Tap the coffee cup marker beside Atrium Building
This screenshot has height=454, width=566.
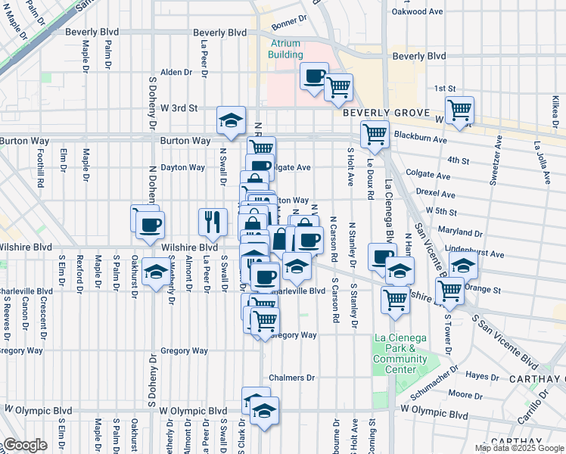pyautogui.click(x=314, y=76)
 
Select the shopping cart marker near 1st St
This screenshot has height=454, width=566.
pyautogui.click(x=459, y=110)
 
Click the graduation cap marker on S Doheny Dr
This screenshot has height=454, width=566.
pyautogui.click(x=156, y=272)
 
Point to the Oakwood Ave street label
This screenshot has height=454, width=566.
pyautogui.click(x=415, y=11)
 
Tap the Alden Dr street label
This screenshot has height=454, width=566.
pyautogui.click(x=176, y=73)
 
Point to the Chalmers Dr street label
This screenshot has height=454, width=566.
pyautogui.click(x=291, y=378)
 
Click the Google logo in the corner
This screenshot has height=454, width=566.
pyautogui.click(x=25, y=445)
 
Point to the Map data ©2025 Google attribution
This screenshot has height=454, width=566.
pyautogui.click(x=519, y=448)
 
